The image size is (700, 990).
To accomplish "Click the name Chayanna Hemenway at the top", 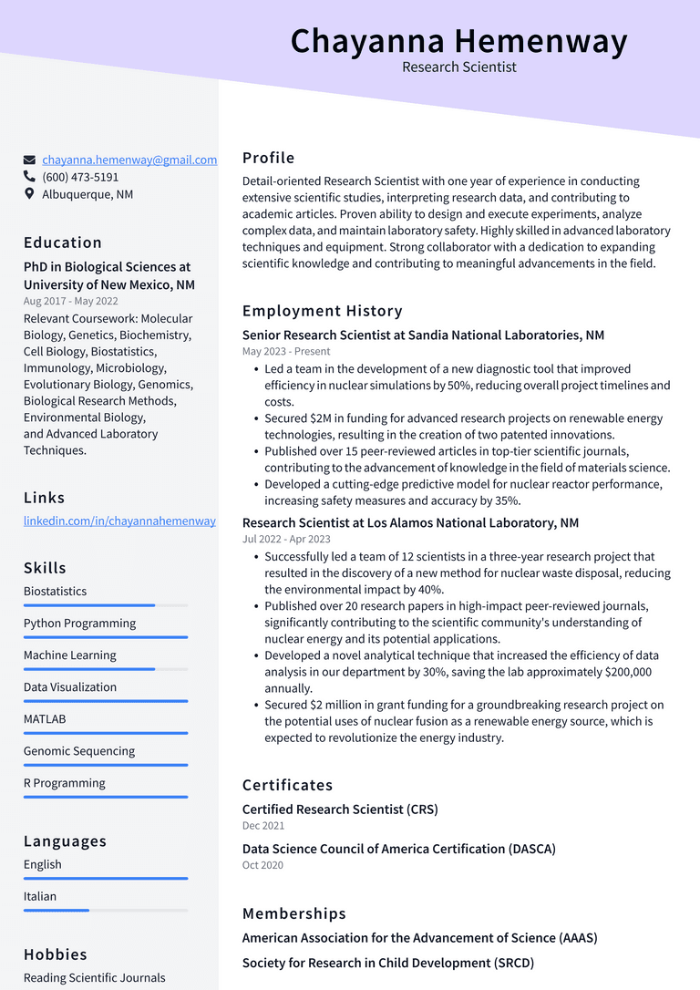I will pos(458,41).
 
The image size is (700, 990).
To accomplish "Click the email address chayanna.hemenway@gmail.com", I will pos(129,160).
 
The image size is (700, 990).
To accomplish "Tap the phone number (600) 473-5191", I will pos(80,177).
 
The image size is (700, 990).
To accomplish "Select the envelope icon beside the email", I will pos(29,160).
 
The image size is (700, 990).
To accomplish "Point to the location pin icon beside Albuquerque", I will pos(29,194).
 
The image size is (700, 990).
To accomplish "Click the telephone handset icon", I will pos(29,177).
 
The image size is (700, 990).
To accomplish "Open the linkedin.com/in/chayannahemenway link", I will pos(119,521).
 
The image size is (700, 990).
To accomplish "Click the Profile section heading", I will pos(268,158).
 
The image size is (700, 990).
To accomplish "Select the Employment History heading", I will pos(322,311).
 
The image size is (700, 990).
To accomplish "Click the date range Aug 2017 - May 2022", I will pos(70,301).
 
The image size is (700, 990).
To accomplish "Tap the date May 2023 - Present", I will pos(286,351).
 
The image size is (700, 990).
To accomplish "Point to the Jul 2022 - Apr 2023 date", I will pos(286,539).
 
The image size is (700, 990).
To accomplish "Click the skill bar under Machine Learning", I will pos(106,669).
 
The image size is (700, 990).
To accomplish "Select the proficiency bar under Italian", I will pos(106,910).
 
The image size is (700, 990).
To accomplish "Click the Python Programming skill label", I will pos(79,624).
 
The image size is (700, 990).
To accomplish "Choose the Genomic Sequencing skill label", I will pos(79,751).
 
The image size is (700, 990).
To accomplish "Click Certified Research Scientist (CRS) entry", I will pos(340,810).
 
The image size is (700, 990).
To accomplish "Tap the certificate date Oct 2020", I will pos(262,865).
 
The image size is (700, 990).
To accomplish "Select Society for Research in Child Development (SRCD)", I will pos(387,963).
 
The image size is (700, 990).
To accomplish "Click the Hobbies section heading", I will pos(56,954).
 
